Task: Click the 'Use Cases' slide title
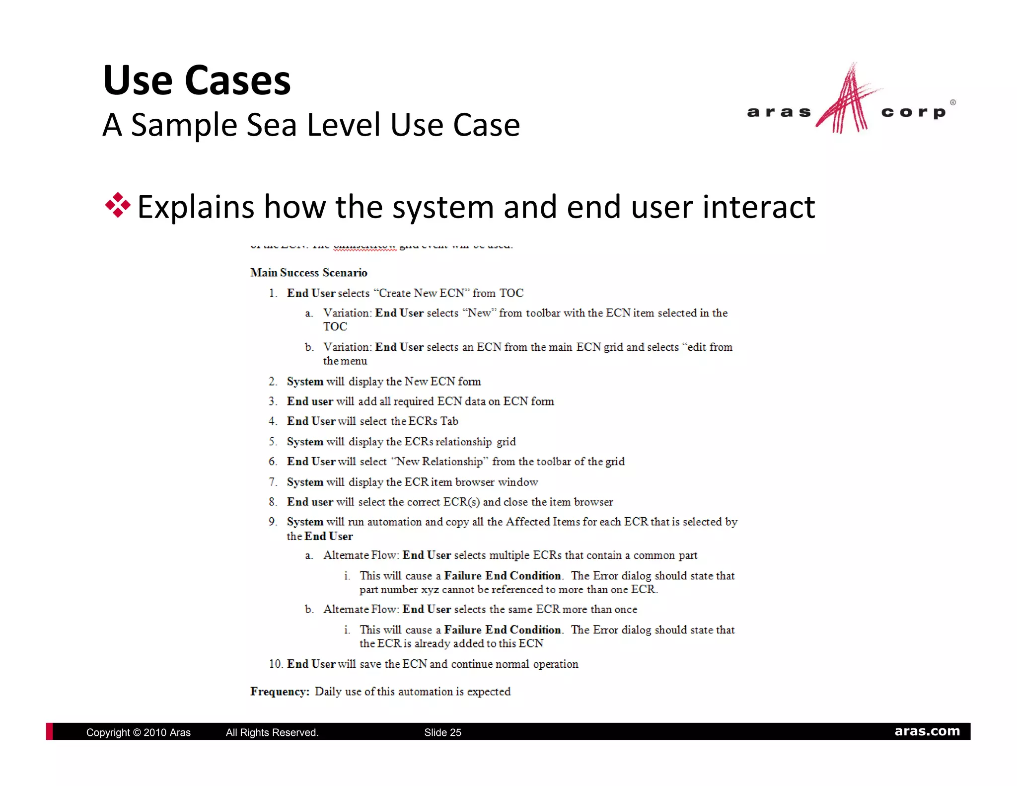pyautogui.click(x=197, y=80)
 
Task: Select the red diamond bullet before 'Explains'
pyautogui.click(x=118, y=205)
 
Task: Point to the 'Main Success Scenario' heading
pyautogui.click(x=308, y=273)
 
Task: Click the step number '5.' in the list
pyautogui.click(x=273, y=442)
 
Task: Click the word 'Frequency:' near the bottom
pyautogui.click(x=280, y=692)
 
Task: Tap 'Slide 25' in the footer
pyautogui.click(x=442, y=732)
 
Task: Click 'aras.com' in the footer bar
pyautogui.click(x=927, y=731)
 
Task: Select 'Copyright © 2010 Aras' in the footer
pyautogui.click(x=138, y=732)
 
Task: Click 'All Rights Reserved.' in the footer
pyautogui.click(x=272, y=732)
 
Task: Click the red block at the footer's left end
pyautogui.click(x=49, y=731)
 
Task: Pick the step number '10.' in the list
pyautogui.click(x=276, y=664)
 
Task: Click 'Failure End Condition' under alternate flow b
pyautogui.click(x=502, y=630)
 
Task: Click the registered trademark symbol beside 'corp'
pyautogui.click(x=952, y=102)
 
